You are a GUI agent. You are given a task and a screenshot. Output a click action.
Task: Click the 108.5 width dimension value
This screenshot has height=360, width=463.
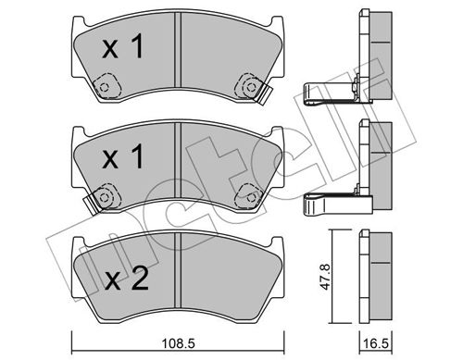tap(179, 343)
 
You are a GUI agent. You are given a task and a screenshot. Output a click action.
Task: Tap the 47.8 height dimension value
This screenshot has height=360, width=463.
tap(325, 277)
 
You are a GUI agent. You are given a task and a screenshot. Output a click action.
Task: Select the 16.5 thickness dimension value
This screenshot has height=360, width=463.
tap(376, 343)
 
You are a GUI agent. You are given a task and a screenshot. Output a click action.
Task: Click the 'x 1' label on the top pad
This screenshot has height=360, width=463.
tap(122, 46)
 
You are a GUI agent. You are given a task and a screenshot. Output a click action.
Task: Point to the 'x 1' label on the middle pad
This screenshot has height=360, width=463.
tap(122, 156)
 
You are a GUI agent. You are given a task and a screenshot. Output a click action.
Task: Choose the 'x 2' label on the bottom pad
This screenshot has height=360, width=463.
tap(126, 279)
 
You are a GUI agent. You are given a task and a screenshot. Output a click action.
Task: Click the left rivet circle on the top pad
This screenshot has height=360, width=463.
tap(105, 87)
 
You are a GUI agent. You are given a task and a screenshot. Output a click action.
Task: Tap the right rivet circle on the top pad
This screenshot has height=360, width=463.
tap(250, 87)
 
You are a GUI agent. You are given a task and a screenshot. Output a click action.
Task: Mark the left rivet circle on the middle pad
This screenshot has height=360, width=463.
tap(105, 197)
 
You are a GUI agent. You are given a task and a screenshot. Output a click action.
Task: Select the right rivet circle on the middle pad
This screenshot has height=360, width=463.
tap(250, 197)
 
